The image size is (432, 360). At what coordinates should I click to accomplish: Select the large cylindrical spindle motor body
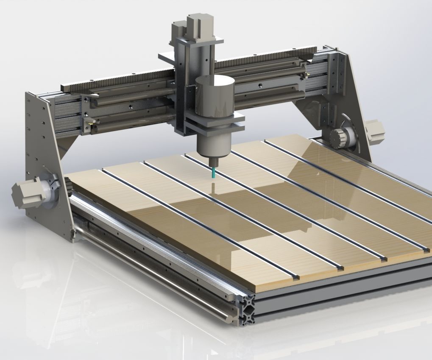(215, 97)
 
